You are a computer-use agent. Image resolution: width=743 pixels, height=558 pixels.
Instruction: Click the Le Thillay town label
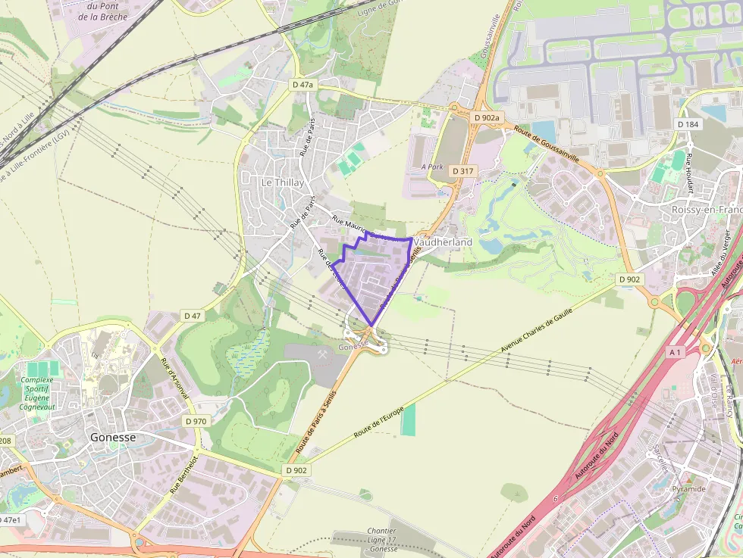pyautogui.click(x=282, y=182)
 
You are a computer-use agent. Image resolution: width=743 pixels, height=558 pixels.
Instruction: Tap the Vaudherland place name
pyautogui.click(x=444, y=242)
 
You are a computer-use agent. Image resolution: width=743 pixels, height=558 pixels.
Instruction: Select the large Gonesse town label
pyautogui.click(x=112, y=437)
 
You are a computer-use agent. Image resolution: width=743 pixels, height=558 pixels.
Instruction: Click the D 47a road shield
pyautogui.click(x=302, y=86)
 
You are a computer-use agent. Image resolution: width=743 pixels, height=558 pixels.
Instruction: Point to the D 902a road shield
pyautogui.click(x=486, y=118)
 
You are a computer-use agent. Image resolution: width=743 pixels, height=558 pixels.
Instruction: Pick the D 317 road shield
pyautogui.click(x=462, y=171)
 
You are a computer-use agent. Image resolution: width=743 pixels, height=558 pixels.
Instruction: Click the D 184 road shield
pyautogui.click(x=688, y=124)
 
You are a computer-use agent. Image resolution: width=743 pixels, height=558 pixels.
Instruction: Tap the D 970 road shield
pyautogui.click(x=195, y=420)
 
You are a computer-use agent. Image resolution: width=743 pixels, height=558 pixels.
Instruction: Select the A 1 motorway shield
pyautogui.click(x=675, y=352)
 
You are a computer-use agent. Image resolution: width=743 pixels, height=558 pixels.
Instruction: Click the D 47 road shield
pyautogui.click(x=192, y=315)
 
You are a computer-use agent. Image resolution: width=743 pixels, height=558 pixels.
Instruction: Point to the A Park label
pyautogui.click(x=431, y=166)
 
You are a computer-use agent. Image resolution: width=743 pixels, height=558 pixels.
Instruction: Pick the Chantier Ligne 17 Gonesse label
pyautogui.click(x=381, y=539)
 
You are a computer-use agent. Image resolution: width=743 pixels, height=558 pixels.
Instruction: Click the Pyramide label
pyautogui.click(x=688, y=488)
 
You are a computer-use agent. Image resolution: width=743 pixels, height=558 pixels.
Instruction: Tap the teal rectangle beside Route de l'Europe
pyautogui.click(x=408, y=419)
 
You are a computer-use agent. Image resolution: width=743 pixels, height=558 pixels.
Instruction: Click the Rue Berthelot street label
pyautogui.click(x=183, y=475)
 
